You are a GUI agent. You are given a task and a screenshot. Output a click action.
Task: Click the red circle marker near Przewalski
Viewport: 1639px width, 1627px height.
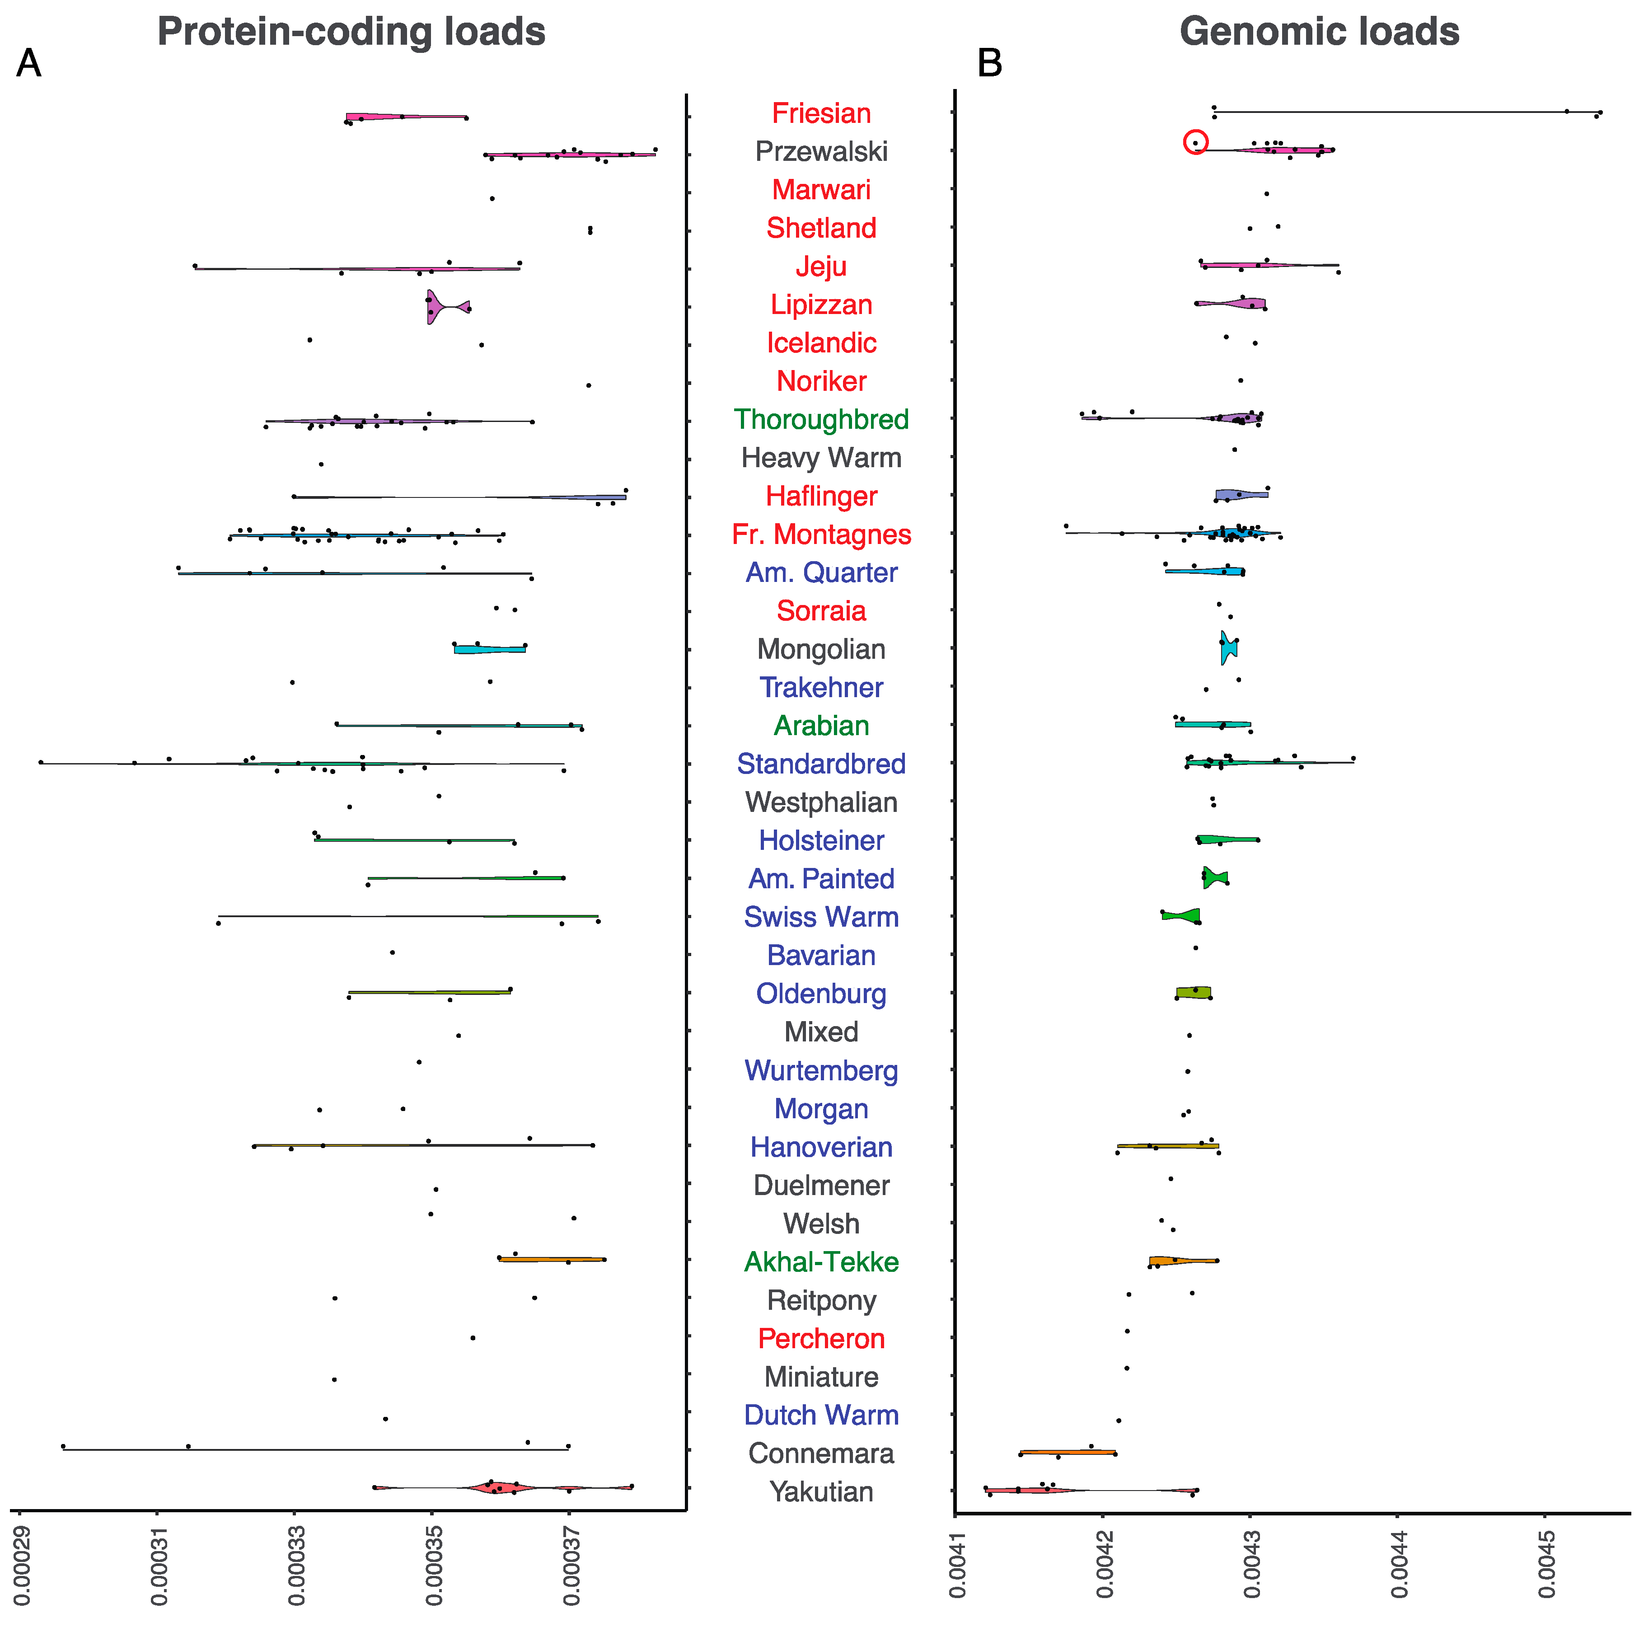click(1195, 142)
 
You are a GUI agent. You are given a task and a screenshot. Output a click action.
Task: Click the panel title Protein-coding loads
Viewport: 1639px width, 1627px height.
click(351, 32)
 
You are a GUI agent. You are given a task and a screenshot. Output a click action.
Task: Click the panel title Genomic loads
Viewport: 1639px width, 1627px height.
click(1319, 32)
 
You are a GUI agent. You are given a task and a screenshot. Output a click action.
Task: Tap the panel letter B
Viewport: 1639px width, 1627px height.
click(989, 64)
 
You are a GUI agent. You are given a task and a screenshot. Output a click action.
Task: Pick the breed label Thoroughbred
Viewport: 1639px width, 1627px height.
click(821, 420)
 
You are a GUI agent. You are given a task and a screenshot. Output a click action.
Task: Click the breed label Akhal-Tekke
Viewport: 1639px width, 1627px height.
click(821, 1262)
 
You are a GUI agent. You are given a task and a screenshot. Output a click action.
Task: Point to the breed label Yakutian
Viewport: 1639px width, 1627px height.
click(821, 1492)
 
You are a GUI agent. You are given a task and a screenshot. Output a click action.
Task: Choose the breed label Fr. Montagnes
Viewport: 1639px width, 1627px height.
click(821, 535)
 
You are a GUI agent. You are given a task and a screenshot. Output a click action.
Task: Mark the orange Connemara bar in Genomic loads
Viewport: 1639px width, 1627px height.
click(1067, 1452)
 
